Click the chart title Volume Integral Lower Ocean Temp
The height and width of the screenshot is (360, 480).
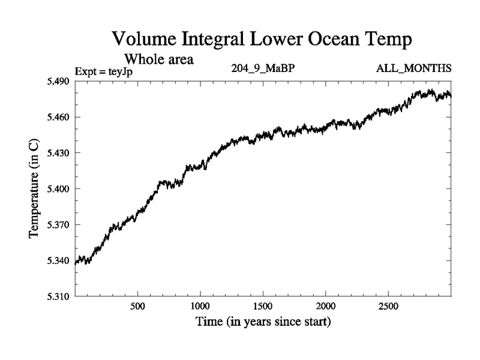262,41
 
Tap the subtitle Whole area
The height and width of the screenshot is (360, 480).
158,59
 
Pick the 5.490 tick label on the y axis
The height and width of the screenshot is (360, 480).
59,82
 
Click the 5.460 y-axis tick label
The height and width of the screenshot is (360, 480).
59,118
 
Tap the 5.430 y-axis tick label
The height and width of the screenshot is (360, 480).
59,153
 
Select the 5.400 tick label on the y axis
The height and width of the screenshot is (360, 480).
59,189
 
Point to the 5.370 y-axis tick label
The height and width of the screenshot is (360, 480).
59,225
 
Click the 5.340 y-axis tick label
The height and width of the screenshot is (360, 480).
59,260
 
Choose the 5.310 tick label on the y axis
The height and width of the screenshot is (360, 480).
59,296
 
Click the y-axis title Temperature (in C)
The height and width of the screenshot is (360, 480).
34,189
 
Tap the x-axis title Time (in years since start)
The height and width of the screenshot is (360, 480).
263,322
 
